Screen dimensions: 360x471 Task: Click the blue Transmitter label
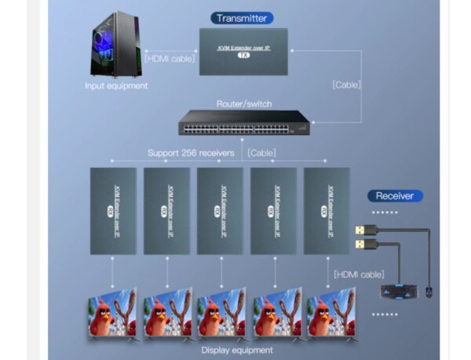coord(242,18)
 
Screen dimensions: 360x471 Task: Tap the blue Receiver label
coord(394,196)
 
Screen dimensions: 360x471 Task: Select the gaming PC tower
coord(115,45)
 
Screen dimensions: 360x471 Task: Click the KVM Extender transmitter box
coord(243,52)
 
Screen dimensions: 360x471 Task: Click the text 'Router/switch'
coord(243,104)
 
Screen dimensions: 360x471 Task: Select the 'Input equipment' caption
coord(115,85)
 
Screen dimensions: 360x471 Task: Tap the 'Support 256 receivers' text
coord(191,153)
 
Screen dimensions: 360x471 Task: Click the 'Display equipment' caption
coord(236,350)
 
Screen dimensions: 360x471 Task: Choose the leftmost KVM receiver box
coord(113,210)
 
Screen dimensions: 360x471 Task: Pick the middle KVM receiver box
coord(220,210)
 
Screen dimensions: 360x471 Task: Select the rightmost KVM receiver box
coord(327,210)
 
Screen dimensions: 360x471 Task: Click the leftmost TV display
coord(112,314)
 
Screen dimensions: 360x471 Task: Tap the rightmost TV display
coord(330,314)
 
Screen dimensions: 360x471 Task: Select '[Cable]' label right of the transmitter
coord(346,84)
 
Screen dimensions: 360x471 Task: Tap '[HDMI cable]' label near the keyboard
coord(358,274)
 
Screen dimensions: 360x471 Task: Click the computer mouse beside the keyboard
coord(428,293)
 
